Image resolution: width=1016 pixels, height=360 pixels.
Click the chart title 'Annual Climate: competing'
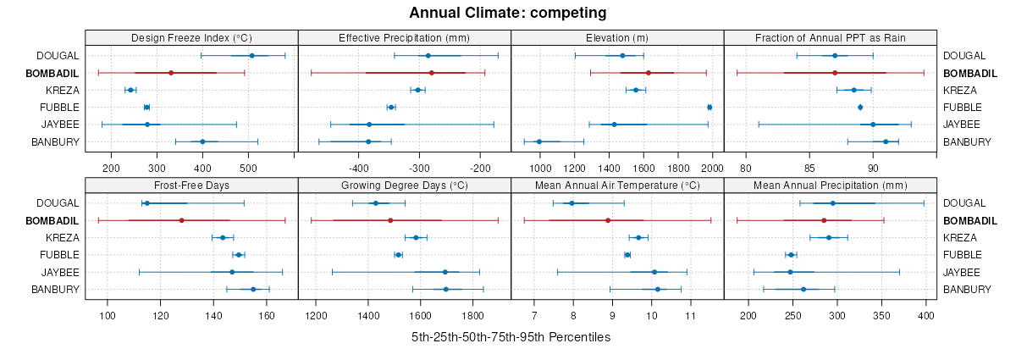click(x=508, y=13)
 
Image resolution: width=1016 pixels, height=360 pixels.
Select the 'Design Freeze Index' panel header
click(x=191, y=38)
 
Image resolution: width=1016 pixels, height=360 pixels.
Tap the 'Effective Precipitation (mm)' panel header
click(x=404, y=38)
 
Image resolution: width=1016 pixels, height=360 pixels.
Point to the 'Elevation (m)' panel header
click(x=617, y=38)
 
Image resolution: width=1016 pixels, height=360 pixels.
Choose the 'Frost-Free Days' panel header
click(x=191, y=186)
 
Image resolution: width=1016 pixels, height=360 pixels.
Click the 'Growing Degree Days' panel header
click(x=404, y=186)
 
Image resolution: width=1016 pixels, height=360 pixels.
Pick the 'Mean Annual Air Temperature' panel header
click(x=617, y=186)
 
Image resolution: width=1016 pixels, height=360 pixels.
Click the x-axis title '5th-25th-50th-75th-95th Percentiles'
click(x=511, y=337)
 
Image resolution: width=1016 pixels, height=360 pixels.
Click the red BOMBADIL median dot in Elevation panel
click(x=649, y=73)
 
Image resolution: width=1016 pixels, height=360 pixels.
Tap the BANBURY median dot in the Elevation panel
click(x=539, y=141)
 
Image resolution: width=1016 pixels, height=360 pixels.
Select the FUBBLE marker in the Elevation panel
click(x=710, y=107)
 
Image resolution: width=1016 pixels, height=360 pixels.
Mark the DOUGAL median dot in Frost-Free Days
click(x=146, y=203)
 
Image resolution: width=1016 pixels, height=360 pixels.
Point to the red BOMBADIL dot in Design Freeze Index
click(x=171, y=73)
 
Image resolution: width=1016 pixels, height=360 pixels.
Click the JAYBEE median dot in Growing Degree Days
click(x=445, y=272)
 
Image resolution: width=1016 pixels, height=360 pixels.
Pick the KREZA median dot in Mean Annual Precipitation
click(x=829, y=237)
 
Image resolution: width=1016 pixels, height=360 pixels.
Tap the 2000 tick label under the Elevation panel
click(x=712, y=169)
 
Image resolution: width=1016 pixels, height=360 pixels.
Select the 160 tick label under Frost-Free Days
click(x=266, y=316)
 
